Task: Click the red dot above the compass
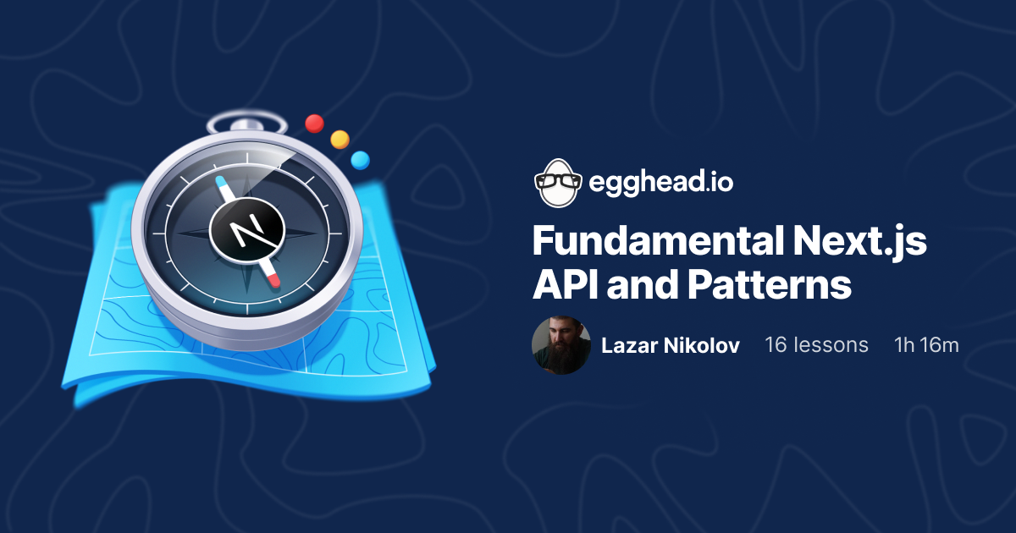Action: point(315,124)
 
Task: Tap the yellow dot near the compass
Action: point(340,139)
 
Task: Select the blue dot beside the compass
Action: point(360,159)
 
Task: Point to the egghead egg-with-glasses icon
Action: point(556,182)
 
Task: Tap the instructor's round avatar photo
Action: point(560,345)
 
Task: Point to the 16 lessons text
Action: point(816,345)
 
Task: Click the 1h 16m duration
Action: point(926,345)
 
